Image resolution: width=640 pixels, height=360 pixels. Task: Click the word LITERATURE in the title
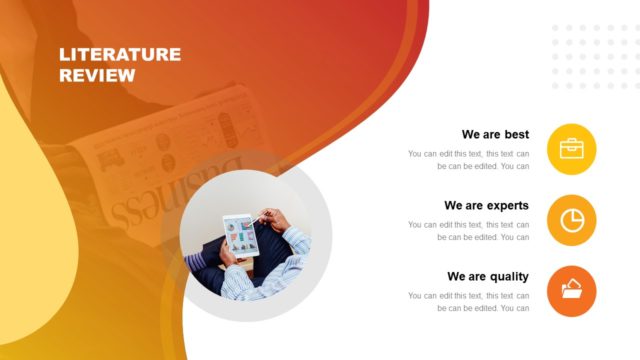pyautogui.click(x=120, y=54)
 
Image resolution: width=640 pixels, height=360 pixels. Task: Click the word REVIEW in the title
pyautogui.click(x=97, y=74)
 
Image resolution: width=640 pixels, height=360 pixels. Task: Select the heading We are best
pyautogui.click(x=495, y=134)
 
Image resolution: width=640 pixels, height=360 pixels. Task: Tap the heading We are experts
pyautogui.click(x=486, y=205)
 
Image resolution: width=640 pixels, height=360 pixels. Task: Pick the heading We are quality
pyautogui.click(x=488, y=276)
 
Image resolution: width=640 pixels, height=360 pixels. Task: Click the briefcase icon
pyautogui.click(x=572, y=150)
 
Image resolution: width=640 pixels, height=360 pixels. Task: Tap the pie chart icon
pyautogui.click(x=572, y=221)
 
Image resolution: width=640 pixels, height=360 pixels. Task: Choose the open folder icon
pyautogui.click(x=572, y=292)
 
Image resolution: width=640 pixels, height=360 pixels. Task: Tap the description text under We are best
pyautogui.click(x=468, y=160)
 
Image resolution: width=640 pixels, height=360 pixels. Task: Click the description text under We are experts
pyautogui.click(x=468, y=231)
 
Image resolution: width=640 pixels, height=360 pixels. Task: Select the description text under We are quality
pyautogui.click(x=468, y=302)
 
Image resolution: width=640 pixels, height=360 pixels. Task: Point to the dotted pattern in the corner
pyautogui.click(x=590, y=56)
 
